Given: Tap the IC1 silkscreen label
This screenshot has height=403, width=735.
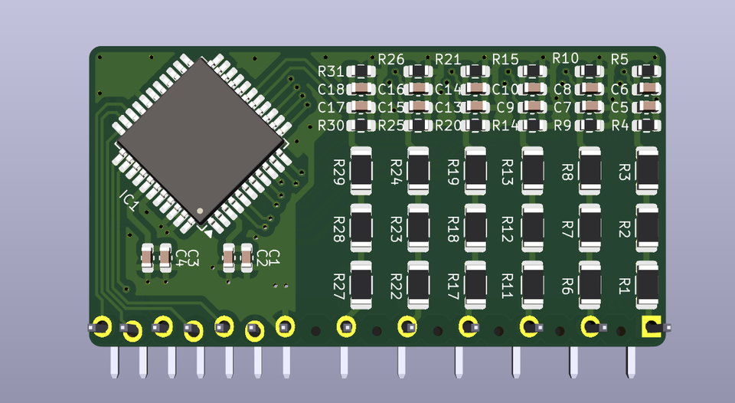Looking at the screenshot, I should [129, 201].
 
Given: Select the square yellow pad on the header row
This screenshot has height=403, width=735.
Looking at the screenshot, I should [651, 327].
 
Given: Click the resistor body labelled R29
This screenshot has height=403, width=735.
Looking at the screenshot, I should [361, 170].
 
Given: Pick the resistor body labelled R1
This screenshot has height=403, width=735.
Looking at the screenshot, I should [647, 285].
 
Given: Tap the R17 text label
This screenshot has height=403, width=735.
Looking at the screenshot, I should [453, 285].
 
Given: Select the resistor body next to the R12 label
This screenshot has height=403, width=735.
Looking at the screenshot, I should [533, 228].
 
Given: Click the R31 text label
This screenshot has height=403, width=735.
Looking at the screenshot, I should [331, 71].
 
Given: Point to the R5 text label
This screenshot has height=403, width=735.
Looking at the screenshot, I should [619, 59].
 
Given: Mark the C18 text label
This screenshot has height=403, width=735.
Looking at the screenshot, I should [331, 90].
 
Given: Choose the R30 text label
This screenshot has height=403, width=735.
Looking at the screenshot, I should [331, 125].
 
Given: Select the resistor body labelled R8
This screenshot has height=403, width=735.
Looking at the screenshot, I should [590, 170].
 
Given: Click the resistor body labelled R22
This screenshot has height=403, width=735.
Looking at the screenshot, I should [419, 285].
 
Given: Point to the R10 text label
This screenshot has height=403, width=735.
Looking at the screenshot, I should [565, 59].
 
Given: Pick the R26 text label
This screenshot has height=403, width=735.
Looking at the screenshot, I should [390, 59].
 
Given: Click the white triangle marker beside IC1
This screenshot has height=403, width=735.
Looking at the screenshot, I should [205, 227].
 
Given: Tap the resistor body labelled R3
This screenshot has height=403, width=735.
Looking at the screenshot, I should [647, 170].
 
